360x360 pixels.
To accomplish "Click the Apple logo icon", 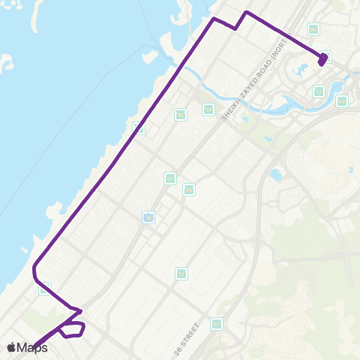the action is point(11,346).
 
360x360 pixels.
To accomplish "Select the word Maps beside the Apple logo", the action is point(32,347).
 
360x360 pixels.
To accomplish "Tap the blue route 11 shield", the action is point(148,217).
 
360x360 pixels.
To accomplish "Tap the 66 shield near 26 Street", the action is point(217,324).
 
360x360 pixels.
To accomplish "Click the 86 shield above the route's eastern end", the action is point(313,29).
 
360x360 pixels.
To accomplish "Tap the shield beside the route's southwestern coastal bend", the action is point(45,287).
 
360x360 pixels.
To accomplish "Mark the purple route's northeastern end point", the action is point(323,59).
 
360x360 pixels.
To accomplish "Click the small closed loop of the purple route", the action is point(73,328).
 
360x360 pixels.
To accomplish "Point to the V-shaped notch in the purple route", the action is point(236,28).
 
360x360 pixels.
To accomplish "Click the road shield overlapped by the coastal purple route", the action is point(138,127).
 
